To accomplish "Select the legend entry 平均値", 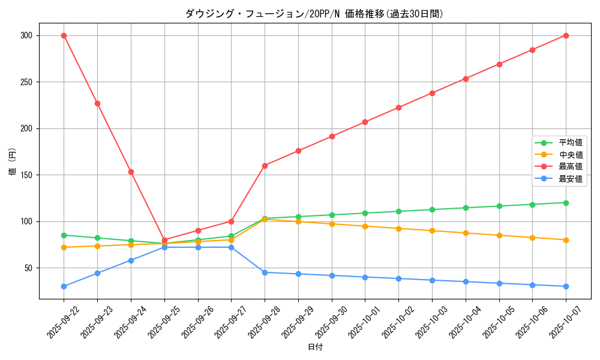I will click(571, 143).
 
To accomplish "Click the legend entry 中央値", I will click(571, 155).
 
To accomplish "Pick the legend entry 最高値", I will click(571, 167).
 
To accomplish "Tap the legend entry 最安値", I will click(571, 179).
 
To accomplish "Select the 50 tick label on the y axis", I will click(28, 268).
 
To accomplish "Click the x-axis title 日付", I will click(315, 347).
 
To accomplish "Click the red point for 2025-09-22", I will click(64, 35).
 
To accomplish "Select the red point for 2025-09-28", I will click(265, 166).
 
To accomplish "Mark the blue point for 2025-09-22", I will click(64, 286).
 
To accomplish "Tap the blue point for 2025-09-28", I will click(265, 272).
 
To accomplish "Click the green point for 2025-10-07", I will click(566, 203).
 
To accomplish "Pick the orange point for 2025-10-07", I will click(566, 240).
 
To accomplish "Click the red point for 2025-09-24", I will click(131, 172).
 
